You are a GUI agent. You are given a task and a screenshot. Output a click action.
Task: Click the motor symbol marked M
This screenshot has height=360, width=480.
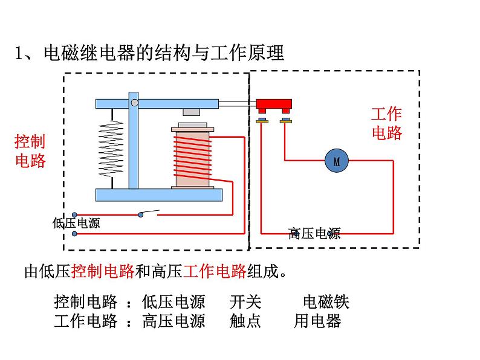(x=337, y=161)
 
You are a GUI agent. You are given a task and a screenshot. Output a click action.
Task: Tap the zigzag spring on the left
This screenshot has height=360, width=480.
(x=111, y=148)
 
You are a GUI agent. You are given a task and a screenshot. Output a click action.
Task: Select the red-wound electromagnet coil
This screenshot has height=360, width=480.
(x=192, y=158)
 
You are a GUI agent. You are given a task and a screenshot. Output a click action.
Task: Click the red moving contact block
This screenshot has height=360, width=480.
(x=274, y=105)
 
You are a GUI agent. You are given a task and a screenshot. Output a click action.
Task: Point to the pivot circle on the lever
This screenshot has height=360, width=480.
(x=134, y=103)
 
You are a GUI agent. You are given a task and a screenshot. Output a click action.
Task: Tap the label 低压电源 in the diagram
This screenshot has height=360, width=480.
(x=76, y=223)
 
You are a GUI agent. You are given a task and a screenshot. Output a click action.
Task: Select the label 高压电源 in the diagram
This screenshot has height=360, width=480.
(x=314, y=233)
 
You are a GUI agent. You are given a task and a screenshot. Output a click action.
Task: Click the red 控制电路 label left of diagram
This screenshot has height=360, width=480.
(x=30, y=151)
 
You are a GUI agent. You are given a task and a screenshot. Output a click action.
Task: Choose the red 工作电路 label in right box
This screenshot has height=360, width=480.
(x=386, y=123)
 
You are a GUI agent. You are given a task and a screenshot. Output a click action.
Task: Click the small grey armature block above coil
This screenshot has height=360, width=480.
(x=192, y=112)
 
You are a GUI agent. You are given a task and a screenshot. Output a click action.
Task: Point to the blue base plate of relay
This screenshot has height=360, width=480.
(x=158, y=194)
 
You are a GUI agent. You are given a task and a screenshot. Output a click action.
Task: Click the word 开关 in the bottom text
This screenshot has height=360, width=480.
(x=245, y=301)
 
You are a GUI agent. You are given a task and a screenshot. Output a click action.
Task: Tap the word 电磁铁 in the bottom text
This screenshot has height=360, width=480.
(x=326, y=301)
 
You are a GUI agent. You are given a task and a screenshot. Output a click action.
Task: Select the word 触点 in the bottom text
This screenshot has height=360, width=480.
(x=245, y=321)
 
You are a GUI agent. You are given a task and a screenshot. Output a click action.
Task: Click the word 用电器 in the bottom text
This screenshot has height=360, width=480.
(x=318, y=321)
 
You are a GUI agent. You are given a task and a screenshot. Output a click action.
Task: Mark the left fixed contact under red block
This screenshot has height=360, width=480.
(x=262, y=121)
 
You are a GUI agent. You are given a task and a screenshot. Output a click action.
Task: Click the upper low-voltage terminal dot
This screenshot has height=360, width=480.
(x=74, y=214)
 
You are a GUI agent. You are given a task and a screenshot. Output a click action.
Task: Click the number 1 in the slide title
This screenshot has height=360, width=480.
(x=19, y=53)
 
